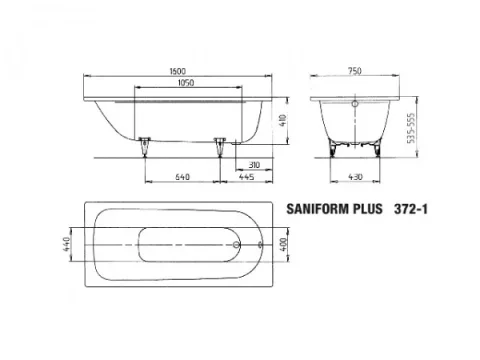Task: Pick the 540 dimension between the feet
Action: click(x=182, y=176)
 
